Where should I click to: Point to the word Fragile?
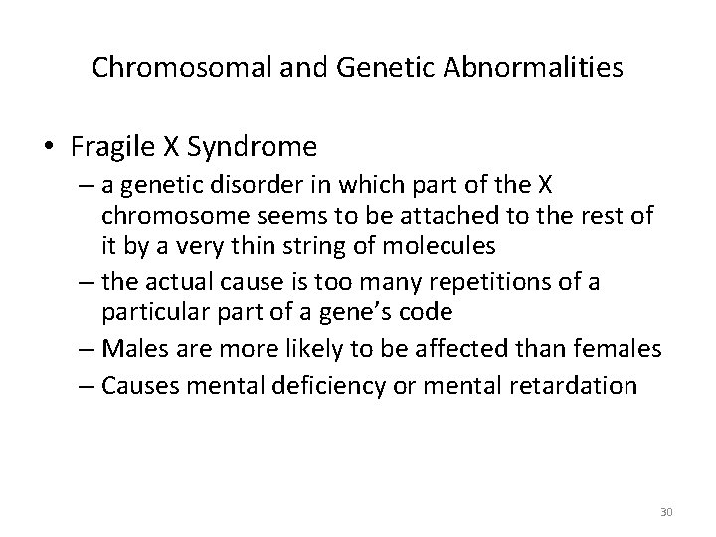click(x=107, y=147)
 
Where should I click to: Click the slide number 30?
click(x=666, y=512)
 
